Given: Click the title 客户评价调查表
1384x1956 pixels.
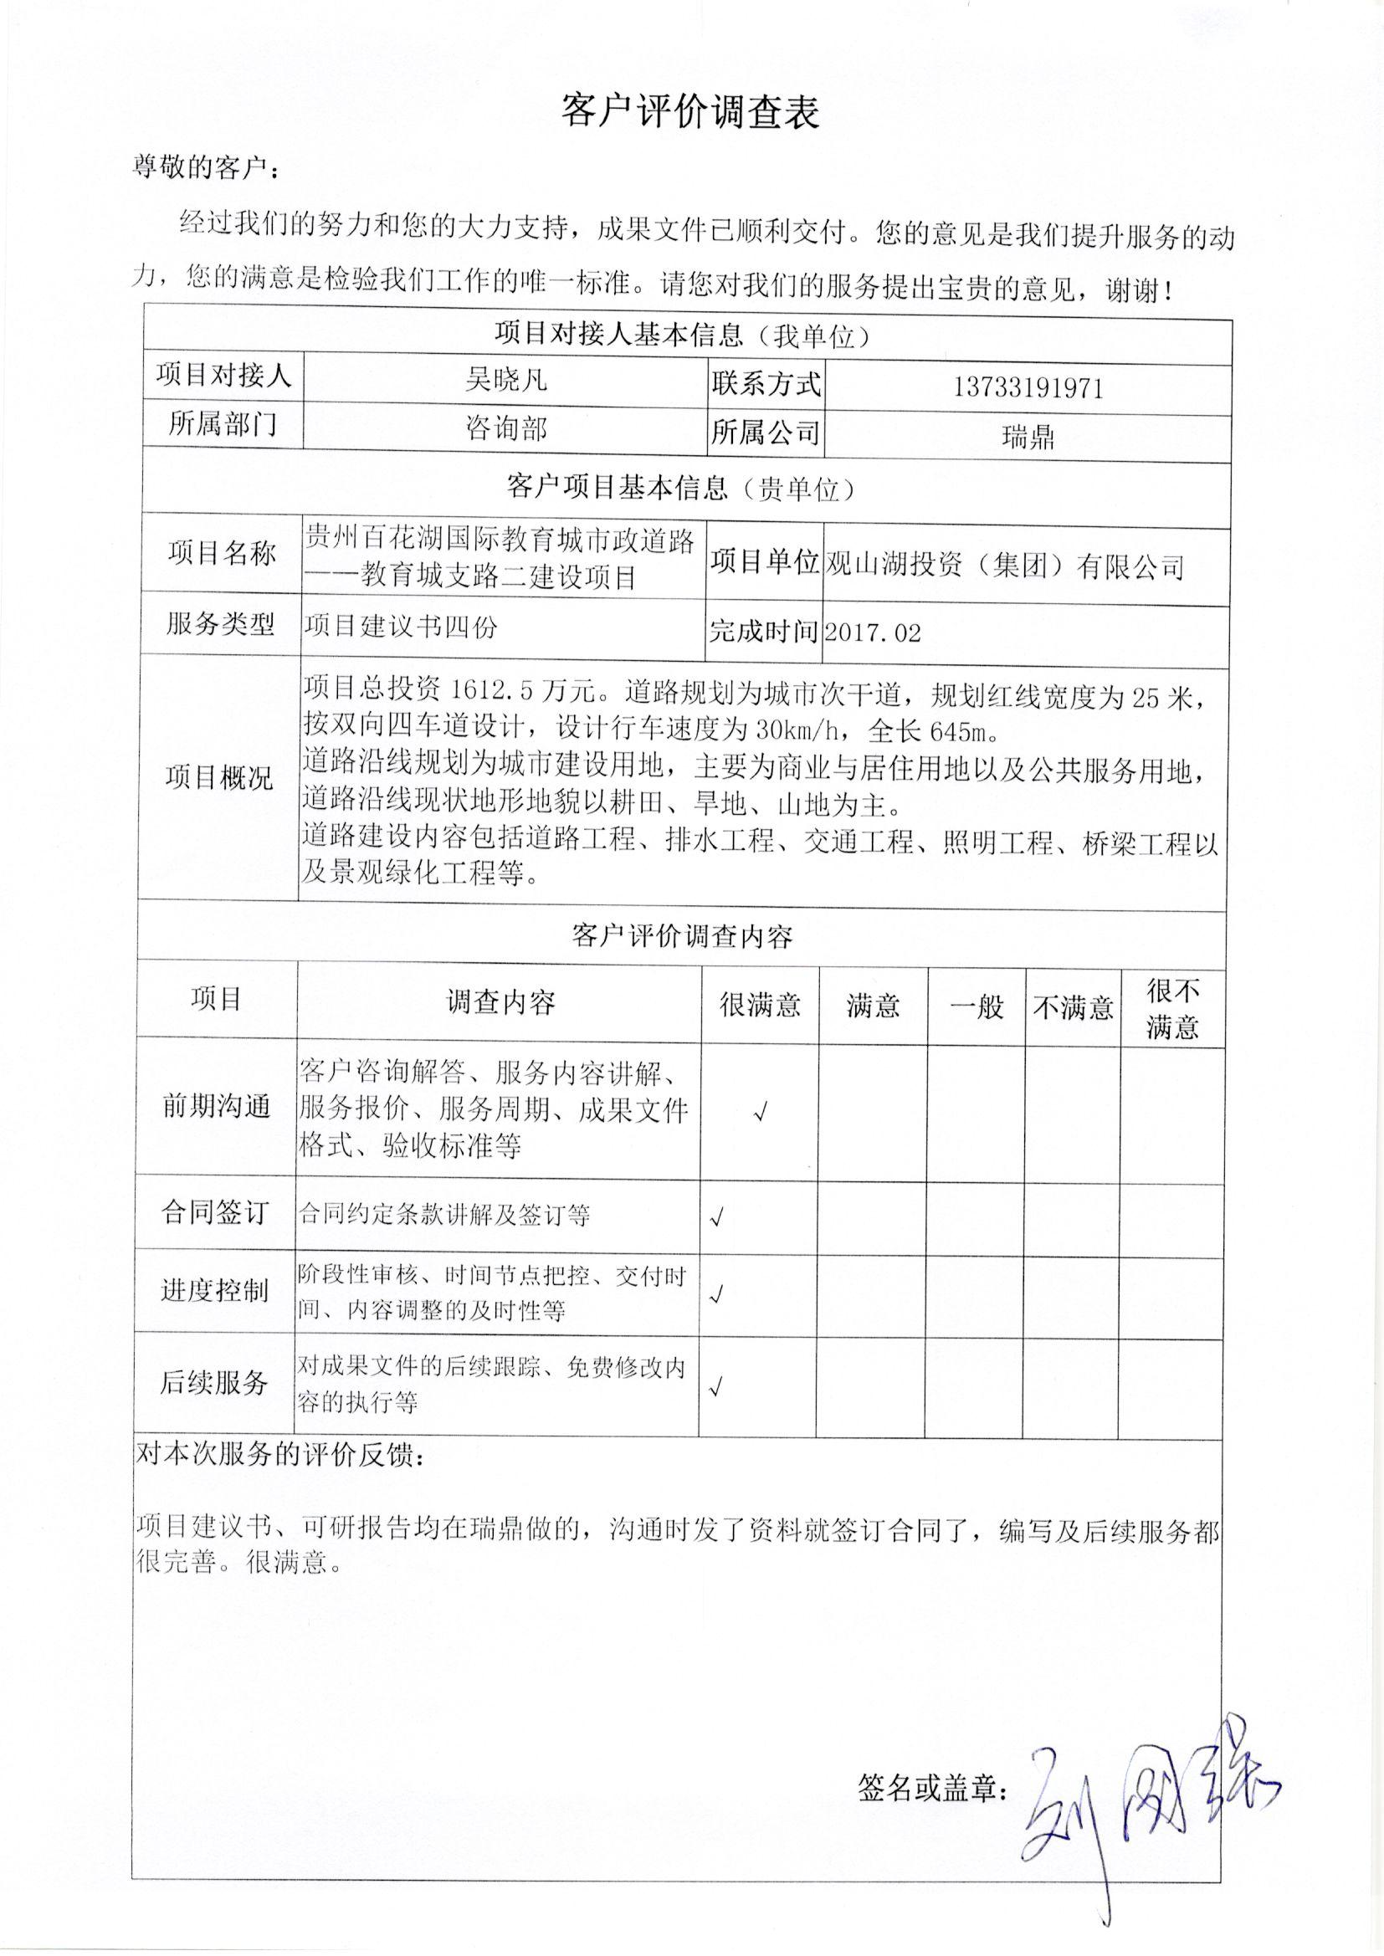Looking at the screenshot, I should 689,111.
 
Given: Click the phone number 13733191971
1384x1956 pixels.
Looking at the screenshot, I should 1028,388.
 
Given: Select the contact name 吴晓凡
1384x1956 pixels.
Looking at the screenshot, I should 505,379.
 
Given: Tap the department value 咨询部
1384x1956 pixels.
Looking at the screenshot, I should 505,428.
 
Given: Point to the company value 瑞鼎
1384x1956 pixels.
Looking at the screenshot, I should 1028,438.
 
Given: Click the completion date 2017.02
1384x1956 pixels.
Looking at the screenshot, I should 873,632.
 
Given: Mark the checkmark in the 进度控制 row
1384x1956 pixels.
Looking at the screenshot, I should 717,1295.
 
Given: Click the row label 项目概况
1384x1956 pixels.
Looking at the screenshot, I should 218,777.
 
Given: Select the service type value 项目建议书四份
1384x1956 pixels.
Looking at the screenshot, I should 400,627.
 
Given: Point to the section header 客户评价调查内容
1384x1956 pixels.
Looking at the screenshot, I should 681,937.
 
